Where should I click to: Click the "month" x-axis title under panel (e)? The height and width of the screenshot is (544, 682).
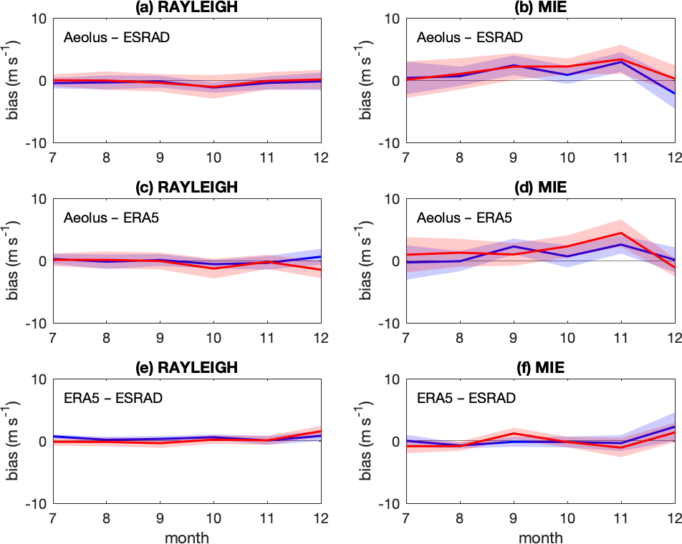coord(187,535)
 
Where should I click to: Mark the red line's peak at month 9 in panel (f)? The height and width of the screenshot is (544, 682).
coord(514,433)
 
